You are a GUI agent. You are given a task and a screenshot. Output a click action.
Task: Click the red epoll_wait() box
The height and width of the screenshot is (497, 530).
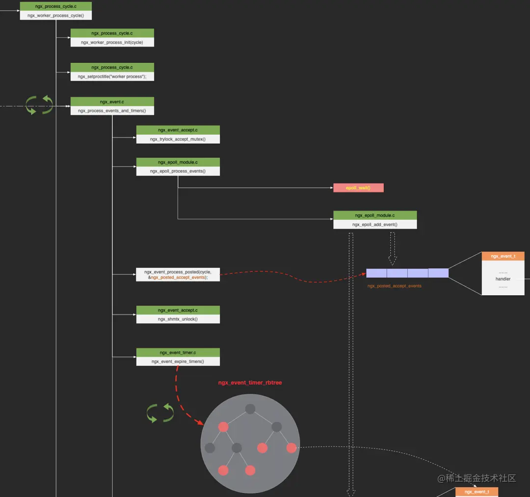point(358,188)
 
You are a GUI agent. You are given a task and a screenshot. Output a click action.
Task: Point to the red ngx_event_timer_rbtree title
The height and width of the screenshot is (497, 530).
point(250,383)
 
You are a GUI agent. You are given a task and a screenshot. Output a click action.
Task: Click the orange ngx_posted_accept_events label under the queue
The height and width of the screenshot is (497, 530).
point(395,286)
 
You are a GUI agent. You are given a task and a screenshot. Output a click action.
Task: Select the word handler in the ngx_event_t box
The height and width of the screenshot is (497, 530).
point(503,279)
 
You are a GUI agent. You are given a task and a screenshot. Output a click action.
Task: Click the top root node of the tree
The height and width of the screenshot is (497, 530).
point(250,409)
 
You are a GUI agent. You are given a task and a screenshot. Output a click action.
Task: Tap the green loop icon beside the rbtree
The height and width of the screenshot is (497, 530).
point(160,413)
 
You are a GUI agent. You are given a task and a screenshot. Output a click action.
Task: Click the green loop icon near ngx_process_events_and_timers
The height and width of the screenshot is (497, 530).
point(40,105)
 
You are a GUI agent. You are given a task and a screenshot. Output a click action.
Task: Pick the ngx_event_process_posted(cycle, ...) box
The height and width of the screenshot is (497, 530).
point(178,274)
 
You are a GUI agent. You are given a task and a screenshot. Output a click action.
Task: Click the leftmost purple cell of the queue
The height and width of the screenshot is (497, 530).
point(376,273)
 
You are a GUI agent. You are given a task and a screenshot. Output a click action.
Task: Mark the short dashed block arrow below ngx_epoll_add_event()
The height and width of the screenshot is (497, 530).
point(393,248)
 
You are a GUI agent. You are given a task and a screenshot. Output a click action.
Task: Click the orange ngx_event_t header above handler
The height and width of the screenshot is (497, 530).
point(503,256)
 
